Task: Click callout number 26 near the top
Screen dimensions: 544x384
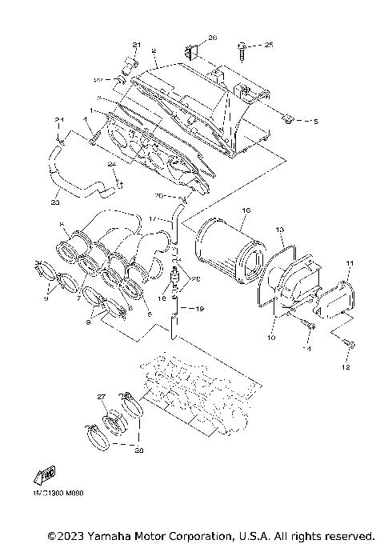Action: (x=213, y=38)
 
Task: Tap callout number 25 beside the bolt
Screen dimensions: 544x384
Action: (x=269, y=46)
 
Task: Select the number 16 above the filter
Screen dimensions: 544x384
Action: (x=246, y=210)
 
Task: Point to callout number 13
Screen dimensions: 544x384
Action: (x=281, y=230)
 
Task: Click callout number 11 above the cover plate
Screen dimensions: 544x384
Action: (x=349, y=262)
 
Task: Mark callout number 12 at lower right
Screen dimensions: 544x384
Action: (x=346, y=369)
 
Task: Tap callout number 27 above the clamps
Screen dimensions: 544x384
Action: (x=102, y=397)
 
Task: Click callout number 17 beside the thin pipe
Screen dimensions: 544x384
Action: (x=153, y=218)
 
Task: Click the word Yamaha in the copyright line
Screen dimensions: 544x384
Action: (x=116, y=535)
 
